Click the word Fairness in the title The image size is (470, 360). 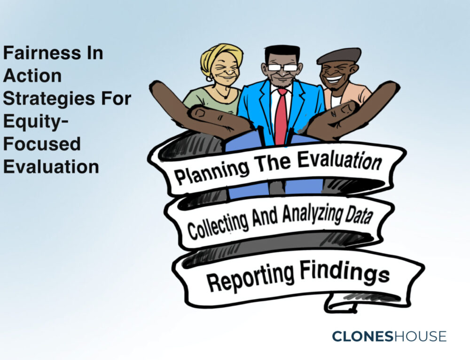42,53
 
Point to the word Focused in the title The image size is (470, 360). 42,144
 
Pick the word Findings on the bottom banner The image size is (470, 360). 345,271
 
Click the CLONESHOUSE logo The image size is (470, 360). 389,337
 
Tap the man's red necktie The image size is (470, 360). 281,117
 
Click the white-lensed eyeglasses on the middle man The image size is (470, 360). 282,68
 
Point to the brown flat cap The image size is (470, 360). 339,56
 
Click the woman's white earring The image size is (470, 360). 209,79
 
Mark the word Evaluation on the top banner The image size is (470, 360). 339,160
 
